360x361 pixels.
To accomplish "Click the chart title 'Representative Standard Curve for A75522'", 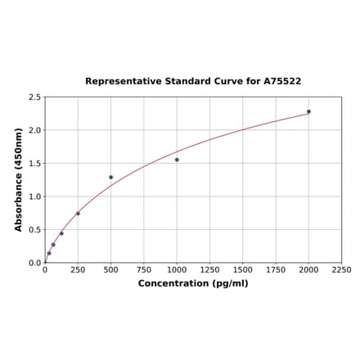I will click(193, 82).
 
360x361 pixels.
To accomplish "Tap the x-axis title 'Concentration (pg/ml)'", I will click(193, 283).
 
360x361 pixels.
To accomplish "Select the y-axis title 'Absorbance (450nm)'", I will click(19, 179).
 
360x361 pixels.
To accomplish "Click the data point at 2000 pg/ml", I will click(308, 111).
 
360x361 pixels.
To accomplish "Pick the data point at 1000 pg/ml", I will click(177, 160).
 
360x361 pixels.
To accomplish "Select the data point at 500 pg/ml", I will click(111, 177).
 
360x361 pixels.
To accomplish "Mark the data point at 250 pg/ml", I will click(78, 214).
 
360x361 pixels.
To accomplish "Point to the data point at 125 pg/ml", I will click(61, 233).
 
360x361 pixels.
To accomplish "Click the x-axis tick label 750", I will click(144, 269).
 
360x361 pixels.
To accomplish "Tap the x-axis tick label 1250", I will click(209, 269).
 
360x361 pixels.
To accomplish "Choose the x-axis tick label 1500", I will click(243, 269).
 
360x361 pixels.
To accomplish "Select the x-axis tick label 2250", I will click(341, 269).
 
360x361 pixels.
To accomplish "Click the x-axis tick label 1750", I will click(276, 269).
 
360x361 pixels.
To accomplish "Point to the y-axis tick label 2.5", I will click(35, 97).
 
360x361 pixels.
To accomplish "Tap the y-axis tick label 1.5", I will click(35, 164).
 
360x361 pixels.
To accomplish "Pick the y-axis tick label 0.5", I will click(35, 230).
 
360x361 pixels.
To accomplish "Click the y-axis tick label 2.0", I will click(35, 130).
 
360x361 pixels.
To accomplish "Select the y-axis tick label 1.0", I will click(35, 196).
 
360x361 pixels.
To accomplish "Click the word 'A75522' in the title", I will click(282, 82).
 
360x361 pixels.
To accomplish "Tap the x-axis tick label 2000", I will click(308, 269).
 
